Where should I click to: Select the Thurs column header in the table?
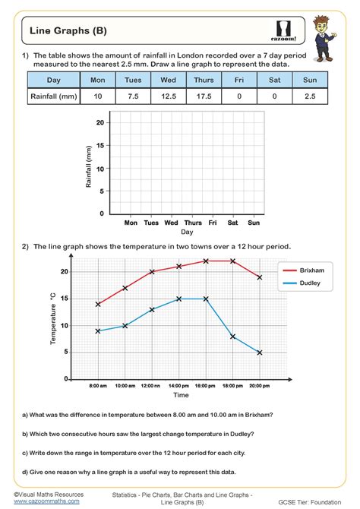(204, 80)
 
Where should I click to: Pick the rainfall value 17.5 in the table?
(204, 96)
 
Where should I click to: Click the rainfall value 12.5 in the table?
(169, 96)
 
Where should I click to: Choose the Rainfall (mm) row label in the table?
(52, 96)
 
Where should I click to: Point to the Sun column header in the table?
(311, 80)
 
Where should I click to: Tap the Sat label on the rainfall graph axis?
(233, 223)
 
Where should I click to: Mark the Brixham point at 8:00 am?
(98, 304)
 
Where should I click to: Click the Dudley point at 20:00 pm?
(260, 353)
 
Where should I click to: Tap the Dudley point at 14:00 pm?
(179, 299)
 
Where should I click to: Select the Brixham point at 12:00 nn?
(152, 272)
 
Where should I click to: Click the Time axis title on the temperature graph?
(181, 395)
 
